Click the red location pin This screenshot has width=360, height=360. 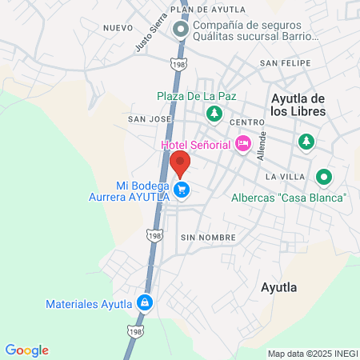point(180,164)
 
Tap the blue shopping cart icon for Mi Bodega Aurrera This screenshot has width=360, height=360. point(182,190)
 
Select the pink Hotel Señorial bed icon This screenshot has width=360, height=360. point(243,144)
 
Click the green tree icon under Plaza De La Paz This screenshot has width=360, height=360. point(214,114)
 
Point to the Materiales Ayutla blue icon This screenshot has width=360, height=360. point(145,303)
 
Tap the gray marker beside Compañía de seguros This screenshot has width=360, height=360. point(182,31)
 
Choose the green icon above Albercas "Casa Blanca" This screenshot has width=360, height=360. point(323,177)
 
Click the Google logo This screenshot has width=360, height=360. point(26,350)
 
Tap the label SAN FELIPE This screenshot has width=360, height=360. point(279,62)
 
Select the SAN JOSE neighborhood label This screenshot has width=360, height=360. point(150,118)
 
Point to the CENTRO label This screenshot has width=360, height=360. point(246,122)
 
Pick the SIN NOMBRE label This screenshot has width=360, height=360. point(208,238)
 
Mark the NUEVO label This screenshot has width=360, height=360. point(118,27)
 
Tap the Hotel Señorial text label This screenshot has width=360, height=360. point(196,144)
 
